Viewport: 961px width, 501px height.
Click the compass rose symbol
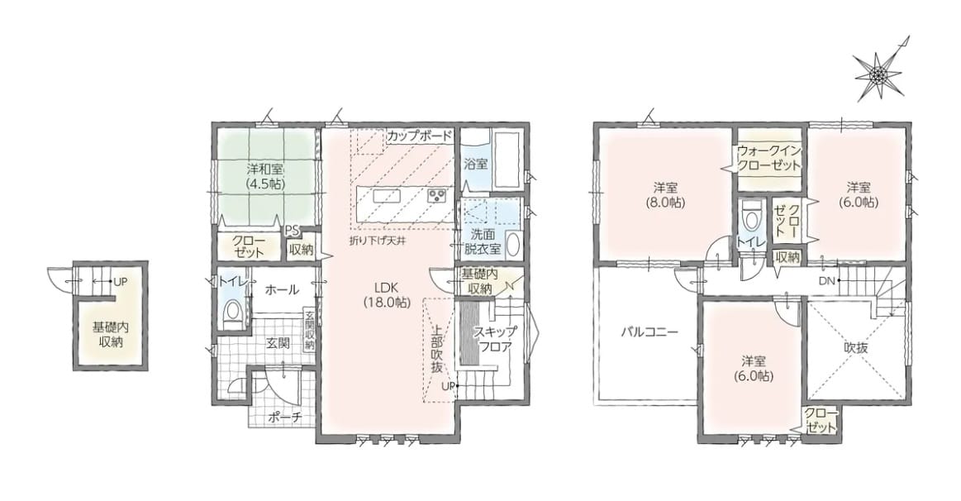(878, 74)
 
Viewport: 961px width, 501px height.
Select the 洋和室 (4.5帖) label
(264, 174)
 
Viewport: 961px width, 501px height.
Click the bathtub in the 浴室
(507, 160)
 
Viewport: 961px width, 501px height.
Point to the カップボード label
(420, 136)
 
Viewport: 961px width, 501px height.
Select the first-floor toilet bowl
(231, 312)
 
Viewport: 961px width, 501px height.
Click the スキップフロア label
(495, 339)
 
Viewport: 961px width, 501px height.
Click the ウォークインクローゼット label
(769, 158)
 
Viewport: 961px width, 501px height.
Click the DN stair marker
(826, 281)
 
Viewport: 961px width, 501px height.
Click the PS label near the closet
(292, 231)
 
